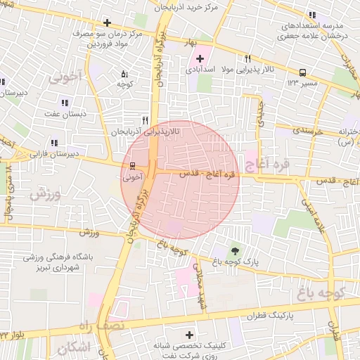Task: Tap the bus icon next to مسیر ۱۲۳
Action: coord(303,72)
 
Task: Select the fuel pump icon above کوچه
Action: coord(124,73)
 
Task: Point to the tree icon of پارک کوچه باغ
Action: coord(235,250)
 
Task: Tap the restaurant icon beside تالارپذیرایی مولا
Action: coord(247,59)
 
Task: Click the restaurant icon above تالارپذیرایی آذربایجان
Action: coord(145,120)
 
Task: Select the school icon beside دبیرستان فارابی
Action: coord(35,143)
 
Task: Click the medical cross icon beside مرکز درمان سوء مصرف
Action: coord(107,22)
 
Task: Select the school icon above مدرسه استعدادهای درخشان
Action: coord(312,15)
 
